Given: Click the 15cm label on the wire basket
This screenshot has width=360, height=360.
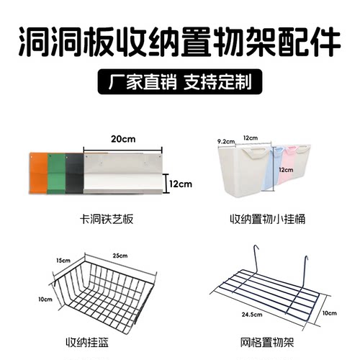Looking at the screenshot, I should [63, 259].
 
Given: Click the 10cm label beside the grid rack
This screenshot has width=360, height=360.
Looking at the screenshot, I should [329, 314].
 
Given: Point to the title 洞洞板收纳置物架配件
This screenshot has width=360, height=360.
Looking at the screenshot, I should [179, 42].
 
